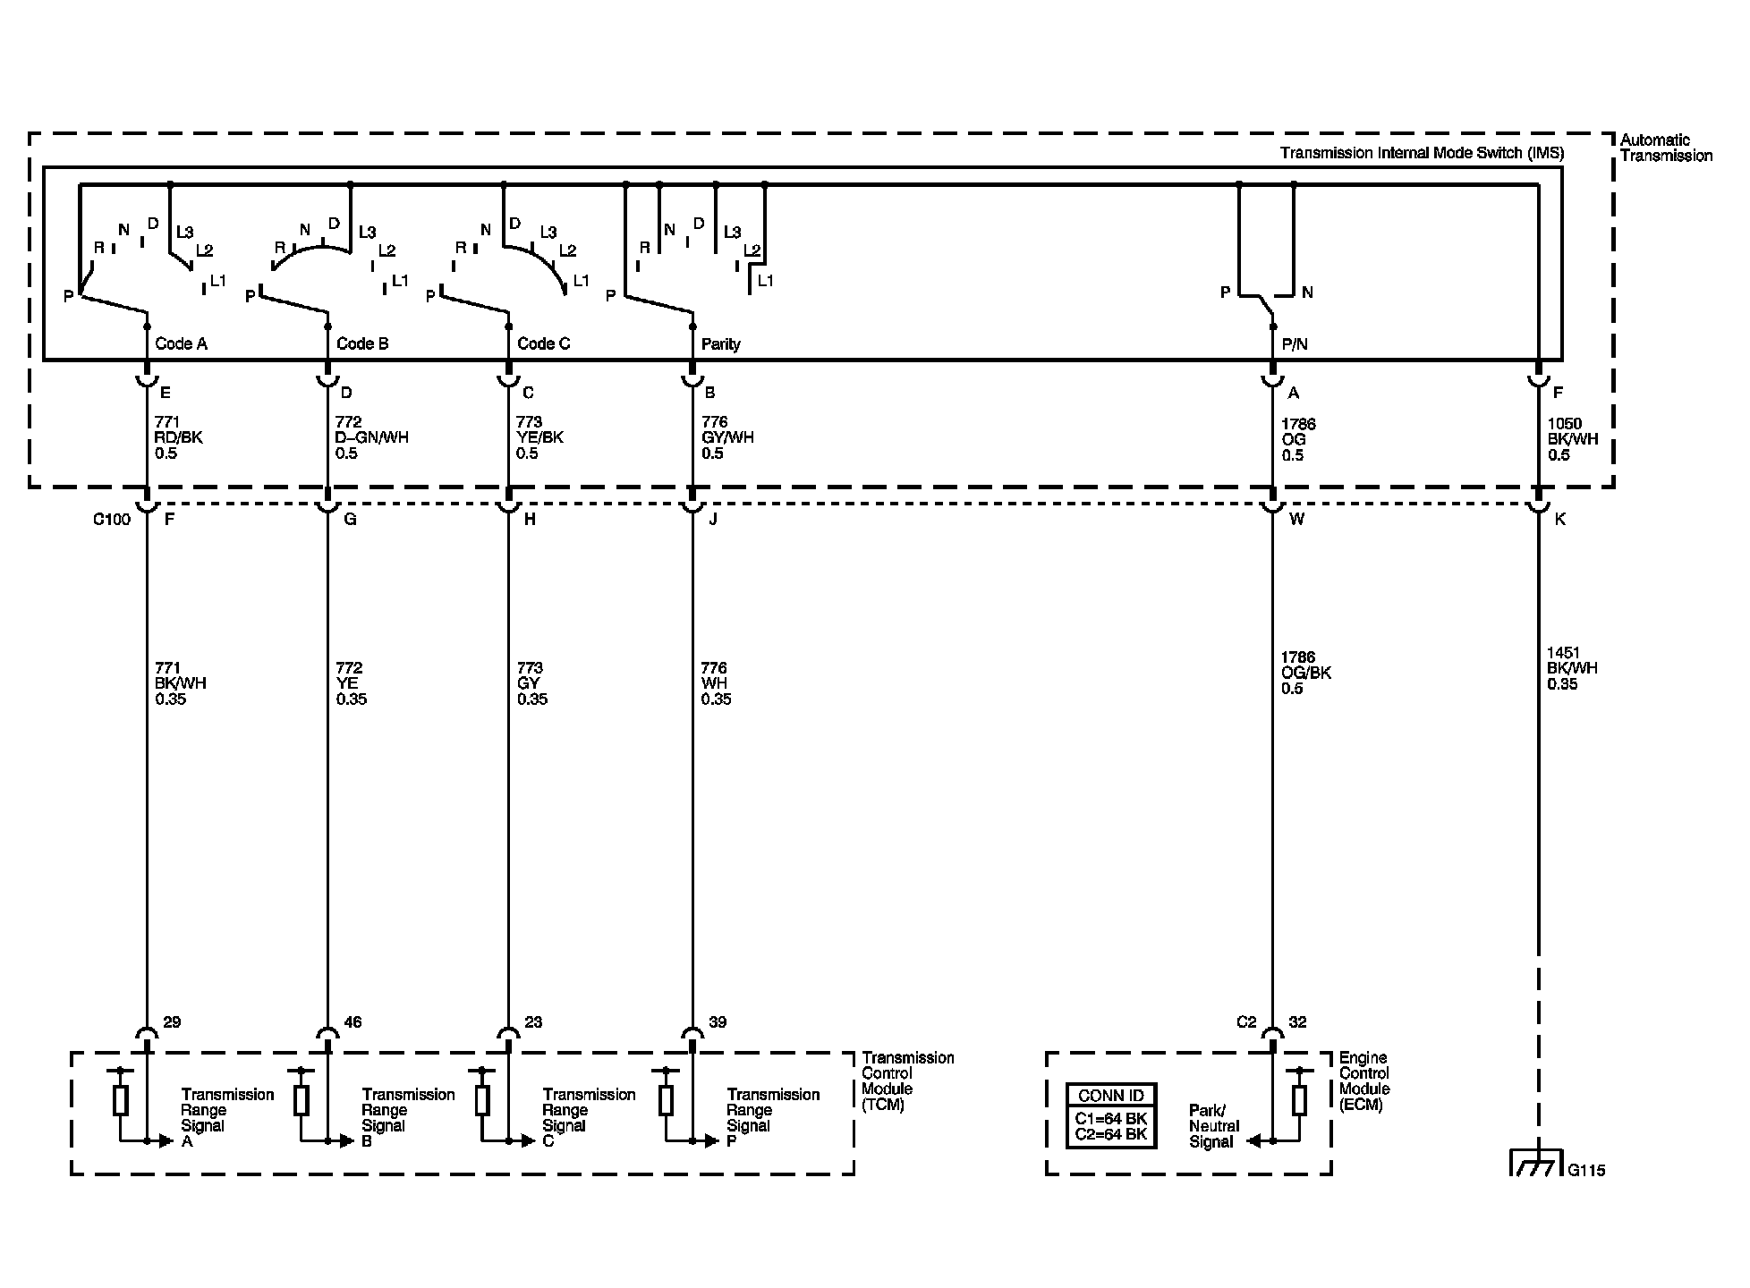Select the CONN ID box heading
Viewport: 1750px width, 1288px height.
[1111, 1096]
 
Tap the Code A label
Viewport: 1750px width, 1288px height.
[181, 343]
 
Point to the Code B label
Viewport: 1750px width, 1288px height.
[362, 343]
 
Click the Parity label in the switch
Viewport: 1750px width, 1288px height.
[720, 344]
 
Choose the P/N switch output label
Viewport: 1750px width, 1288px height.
[1295, 344]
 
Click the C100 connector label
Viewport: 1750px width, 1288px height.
[112, 520]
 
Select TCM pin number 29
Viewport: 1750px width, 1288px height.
[172, 1022]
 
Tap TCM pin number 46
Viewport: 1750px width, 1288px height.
[353, 1022]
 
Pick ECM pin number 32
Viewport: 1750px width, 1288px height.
[1297, 1022]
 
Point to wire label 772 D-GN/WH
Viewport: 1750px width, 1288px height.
[371, 437]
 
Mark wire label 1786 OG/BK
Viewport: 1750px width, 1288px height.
[1305, 673]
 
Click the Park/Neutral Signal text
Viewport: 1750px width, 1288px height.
[1213, 1126]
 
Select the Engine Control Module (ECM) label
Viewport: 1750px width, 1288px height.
[1364, 1080]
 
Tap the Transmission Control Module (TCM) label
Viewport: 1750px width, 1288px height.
[906, 1080]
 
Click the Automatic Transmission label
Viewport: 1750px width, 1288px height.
[1665, 148]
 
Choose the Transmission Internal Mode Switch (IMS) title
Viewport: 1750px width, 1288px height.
[1421, 153]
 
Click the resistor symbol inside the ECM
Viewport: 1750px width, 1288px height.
[1299, 1100]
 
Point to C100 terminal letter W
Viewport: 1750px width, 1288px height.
[1296, 519]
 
